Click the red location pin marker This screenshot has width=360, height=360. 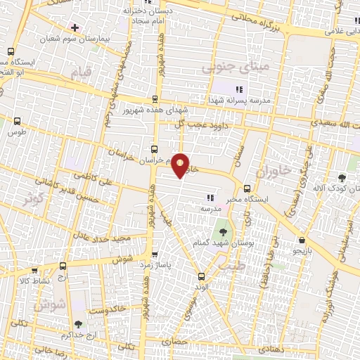click(181, 165)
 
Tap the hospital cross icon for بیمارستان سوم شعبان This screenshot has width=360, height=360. click(75, 27)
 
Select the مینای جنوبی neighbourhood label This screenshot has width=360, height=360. click(226, 67)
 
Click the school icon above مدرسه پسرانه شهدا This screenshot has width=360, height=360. click(238, 89)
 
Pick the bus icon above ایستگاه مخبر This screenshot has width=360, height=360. click(247, 188)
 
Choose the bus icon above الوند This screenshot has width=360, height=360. click(202, 276)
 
